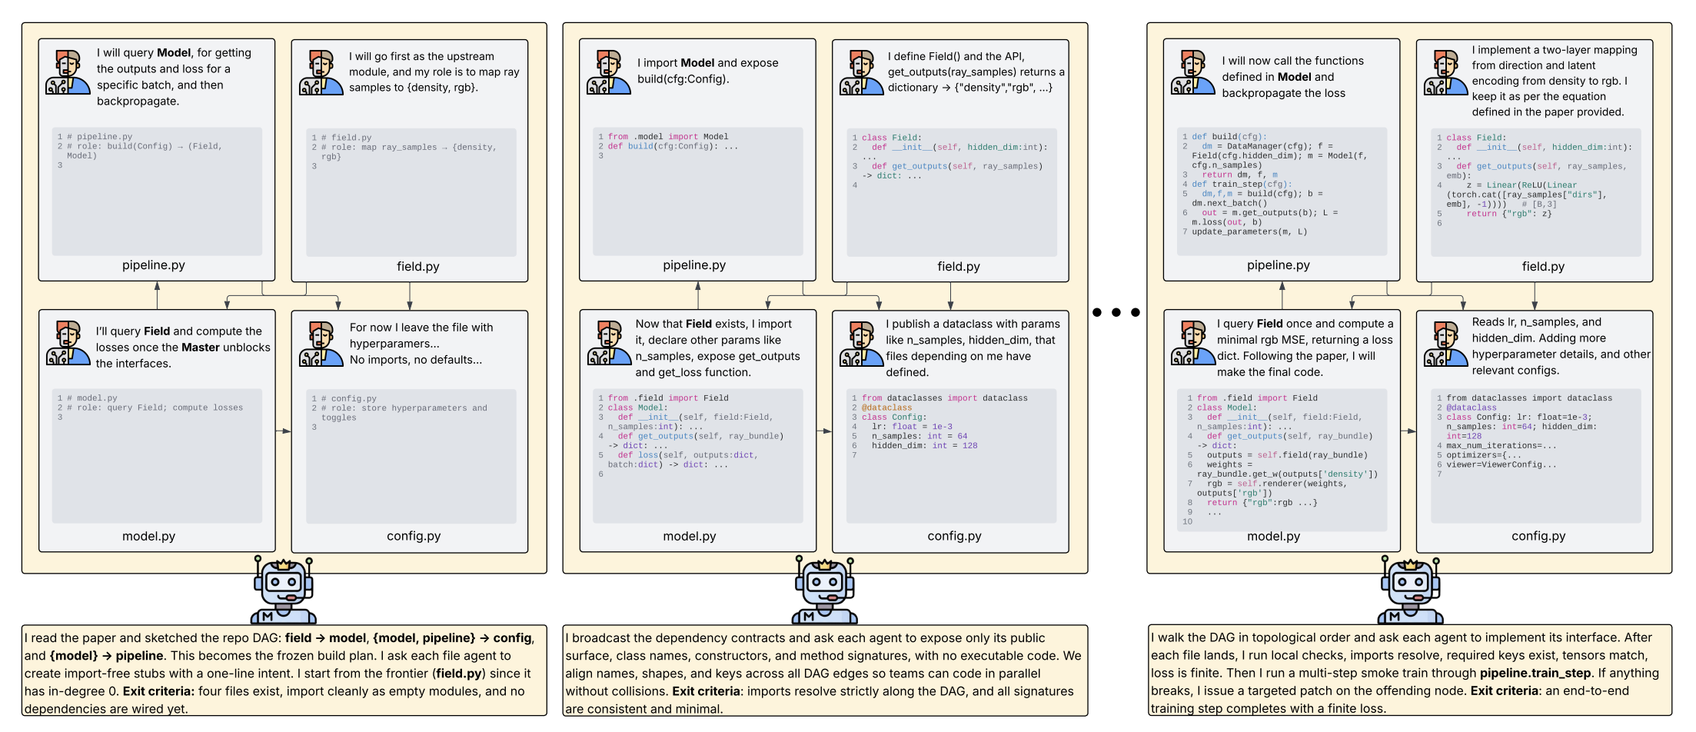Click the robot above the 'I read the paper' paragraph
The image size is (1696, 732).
coord(283,591)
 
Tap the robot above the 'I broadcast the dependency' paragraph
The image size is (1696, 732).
coord(824,591)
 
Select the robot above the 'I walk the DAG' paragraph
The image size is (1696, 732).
coord(1409,591)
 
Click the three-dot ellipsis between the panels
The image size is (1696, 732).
coord(1116,312)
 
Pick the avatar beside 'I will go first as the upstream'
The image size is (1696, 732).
coord(321,73)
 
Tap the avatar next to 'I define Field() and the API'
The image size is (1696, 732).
coord(861,73)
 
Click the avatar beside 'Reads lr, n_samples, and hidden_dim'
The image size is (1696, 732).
coord(1445,344)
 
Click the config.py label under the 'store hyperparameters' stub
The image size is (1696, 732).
coord(414,536)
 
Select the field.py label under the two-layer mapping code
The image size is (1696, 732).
coord(1542,266)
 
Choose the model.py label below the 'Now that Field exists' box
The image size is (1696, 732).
coord(689,536)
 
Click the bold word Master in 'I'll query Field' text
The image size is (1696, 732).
coord(201,348)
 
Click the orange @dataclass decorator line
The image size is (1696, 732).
coord(886,408)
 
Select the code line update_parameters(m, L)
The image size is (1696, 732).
coord(1249,231)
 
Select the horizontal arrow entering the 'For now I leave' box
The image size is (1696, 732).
coord(284,431)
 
